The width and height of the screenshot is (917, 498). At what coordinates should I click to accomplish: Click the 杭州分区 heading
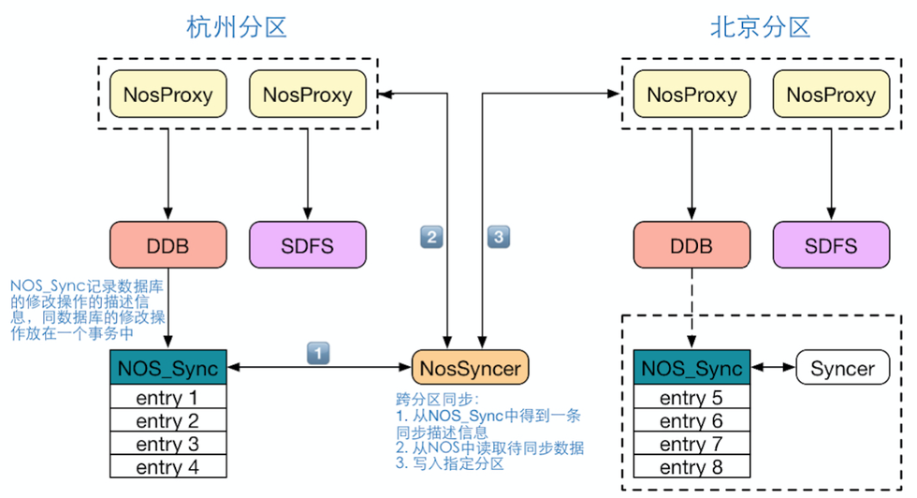[x=236, y=27]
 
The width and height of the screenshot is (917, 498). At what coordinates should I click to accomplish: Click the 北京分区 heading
[x=760, y=27]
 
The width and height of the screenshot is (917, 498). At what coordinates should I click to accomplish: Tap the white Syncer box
[x=841, y=368]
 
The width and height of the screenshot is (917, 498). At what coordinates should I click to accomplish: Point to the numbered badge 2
[x=431, y=238]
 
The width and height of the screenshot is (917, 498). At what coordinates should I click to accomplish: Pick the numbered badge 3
[x=499, y=238]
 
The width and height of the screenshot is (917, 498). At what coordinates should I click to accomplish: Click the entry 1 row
[x=167, y=398]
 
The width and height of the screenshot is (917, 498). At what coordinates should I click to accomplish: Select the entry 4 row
[x=167, y=466]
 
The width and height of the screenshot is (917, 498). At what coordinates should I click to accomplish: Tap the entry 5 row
[x=691, y=398]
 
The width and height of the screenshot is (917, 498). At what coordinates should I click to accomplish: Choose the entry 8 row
[x=691, y=466]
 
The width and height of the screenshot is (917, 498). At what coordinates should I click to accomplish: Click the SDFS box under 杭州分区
[x=305, y=246]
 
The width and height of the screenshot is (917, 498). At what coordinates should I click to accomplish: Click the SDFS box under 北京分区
[x=829, y=246]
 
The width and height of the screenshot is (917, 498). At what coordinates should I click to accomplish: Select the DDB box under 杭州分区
[x=167, y=246]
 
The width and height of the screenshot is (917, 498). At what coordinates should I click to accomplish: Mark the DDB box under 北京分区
[x=691, y=246]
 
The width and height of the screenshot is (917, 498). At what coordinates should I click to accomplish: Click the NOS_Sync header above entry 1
[x=167, y=368]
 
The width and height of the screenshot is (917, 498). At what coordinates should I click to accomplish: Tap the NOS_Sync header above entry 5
[x=691, y=368]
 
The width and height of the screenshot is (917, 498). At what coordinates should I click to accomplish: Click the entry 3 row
[x=167, y=444]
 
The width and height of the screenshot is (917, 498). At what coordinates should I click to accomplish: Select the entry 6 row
[x=691, y=421]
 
